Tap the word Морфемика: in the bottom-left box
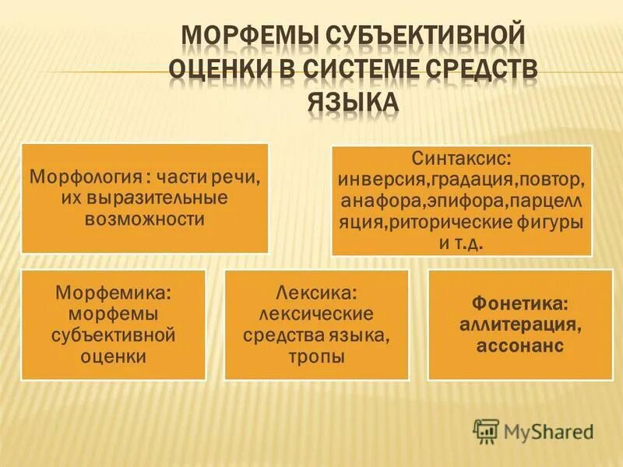click(x=113, y=293)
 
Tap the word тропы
click(x=316, y=357)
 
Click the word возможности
click(x=146, y=219)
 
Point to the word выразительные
click(x=161, y=198)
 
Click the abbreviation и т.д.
click(x=462, y=244)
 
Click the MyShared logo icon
click(x=486, y=429)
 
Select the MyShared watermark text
click(x=548, y=429)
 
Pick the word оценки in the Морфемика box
click(x=114, y=357)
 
